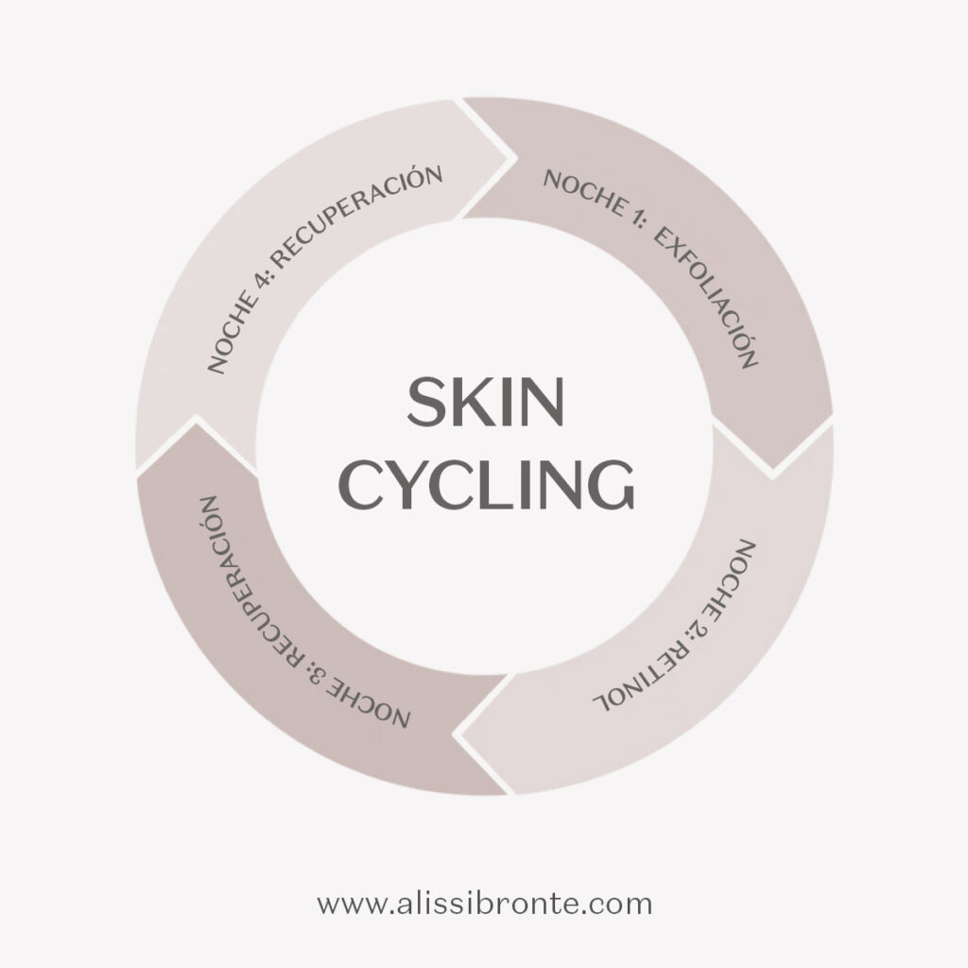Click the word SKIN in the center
pos(485,402)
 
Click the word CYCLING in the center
pos(487,484)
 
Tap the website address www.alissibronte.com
pos(485,904)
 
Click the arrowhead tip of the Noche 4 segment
pos(514,159)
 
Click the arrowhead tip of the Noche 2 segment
pos(456,735)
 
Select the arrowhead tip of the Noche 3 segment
pos(197,418)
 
